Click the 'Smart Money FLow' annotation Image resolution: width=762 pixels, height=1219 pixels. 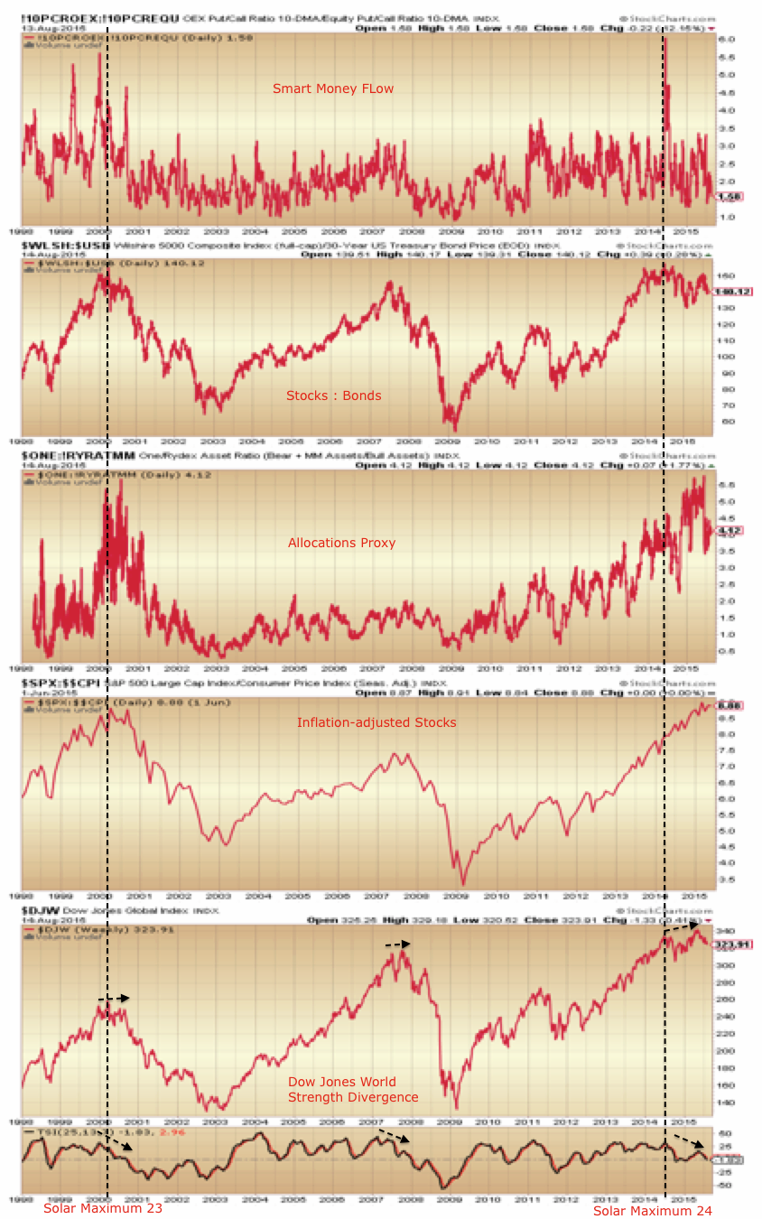click(333, 88)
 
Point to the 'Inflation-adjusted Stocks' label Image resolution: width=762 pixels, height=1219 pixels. click(376, 722)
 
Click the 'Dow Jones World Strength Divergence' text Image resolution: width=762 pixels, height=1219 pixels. click(353, 1089)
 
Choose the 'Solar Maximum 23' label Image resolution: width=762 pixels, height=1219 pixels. click(103, 1208)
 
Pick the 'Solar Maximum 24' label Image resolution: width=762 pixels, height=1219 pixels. click(653, 1210)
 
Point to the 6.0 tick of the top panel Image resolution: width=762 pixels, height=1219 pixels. click(726, 40)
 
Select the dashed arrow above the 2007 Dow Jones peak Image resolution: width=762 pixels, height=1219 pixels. click(397, 944)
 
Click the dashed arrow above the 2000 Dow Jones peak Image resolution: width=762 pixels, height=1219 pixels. click(115, 999)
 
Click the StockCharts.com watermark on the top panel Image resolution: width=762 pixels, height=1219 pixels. click(667, 17)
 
